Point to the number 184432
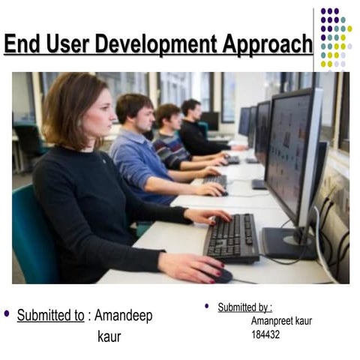[265, 334]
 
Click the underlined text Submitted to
[50, 316]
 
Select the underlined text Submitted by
[244, 307]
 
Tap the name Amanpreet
[271, 321]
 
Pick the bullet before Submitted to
[7, 313]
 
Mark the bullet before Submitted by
[208, 306]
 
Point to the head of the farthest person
[191, 109]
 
